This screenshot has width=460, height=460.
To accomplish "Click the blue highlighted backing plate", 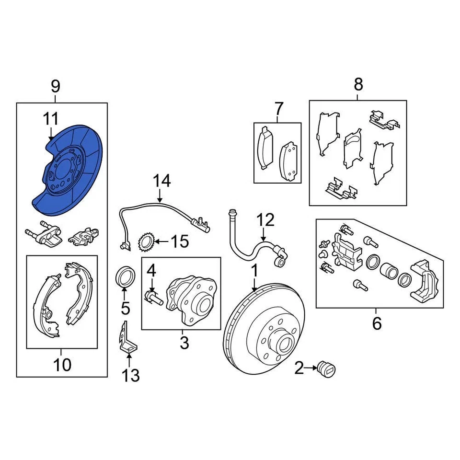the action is pyautogui.click(x=72, y=168).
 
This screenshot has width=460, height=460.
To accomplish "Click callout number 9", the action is pyautogui.click(x=56, y=87).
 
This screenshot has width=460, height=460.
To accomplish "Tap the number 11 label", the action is pyautogui.click(x=51, y=118).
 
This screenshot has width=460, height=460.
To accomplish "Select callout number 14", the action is pyautogui.click(x=161, y=181).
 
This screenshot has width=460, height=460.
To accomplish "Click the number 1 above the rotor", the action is pyautogui.click(x=255, y=271).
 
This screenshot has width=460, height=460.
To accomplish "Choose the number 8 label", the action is pyautogui.click(x=358, y=85).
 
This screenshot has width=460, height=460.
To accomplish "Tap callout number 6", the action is pyautogui.click(x=377, y=323).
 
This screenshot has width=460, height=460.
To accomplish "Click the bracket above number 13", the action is pyautogui.click(x=127, y=337).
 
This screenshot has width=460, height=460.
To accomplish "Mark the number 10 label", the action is pyautogui.click(x=62, y=365).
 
